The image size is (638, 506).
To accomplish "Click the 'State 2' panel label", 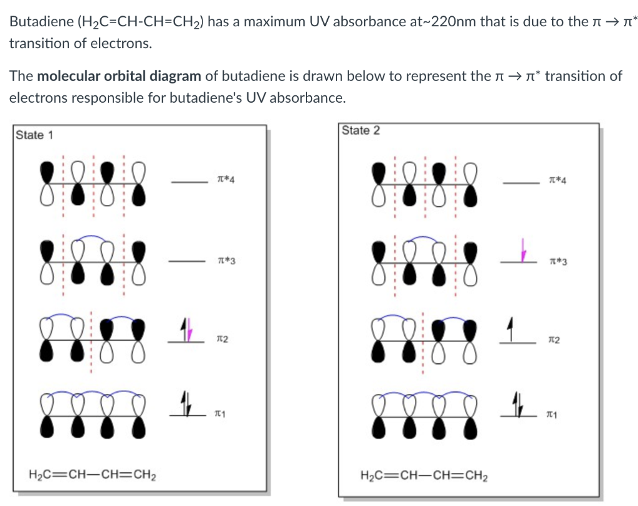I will (x=361, y=130).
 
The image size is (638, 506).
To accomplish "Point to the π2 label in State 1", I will (x=221, y=339).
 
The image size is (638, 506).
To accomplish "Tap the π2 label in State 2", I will (x=553, y=339).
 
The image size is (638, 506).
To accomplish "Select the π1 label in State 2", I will (x=550, y=414).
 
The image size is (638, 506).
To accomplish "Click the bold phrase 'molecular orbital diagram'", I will (x=119, y=77).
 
